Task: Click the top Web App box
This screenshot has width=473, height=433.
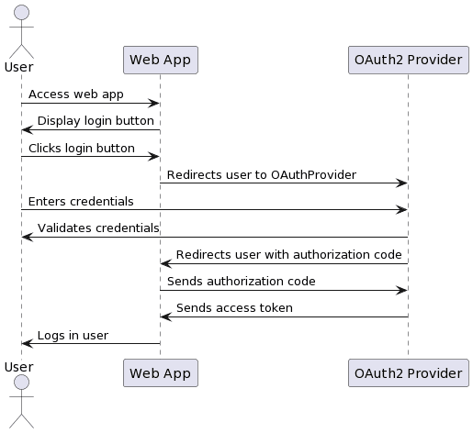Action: [x=161, y=60]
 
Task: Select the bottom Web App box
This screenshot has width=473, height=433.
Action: [x=161, y=372]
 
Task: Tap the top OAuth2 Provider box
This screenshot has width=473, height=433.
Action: [x=409, y=60]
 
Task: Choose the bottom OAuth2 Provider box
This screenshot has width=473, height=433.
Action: [x=409, y=372]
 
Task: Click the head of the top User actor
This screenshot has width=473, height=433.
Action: [x=21, y=12]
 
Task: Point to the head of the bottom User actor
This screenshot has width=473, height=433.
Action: [x=21, y=383]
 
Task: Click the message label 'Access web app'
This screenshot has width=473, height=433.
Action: [x=76, y=94]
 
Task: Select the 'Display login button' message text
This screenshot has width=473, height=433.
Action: [x=96, y=121]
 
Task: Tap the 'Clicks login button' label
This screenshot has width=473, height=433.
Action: [x=82, y=149]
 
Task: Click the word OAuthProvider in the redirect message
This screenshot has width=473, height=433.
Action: [x=313, y=175]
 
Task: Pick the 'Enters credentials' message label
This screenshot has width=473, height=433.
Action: [x=81, y=202]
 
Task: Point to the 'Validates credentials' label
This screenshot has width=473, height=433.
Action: [x=98, y=228]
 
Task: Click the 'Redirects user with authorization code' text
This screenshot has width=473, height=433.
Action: [x=288, y=255]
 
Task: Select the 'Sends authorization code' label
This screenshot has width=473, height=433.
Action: [x=242, y=282]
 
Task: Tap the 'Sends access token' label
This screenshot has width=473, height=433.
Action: [x=234, y=308]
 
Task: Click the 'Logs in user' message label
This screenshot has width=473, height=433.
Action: [x=73, y=336]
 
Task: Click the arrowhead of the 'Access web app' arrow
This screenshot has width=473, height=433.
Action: [x=154, y=104]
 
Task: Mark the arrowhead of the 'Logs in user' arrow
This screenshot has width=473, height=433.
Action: [x=28, y=344]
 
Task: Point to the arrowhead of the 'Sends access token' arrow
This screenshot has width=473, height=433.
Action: [x=166, y=317]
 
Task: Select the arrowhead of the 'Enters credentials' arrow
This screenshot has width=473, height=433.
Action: [x=401, y=210]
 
